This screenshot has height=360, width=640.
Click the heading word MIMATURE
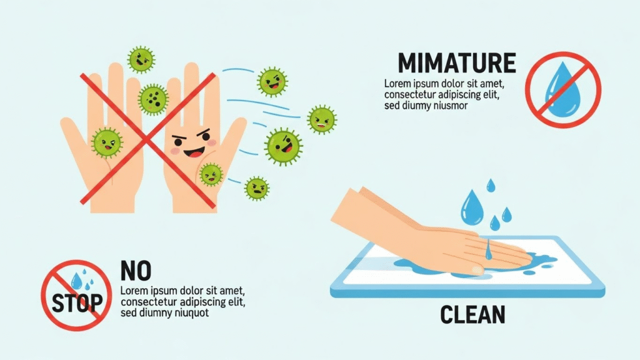(x=457, y=63)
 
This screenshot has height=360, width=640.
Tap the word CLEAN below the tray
(x=472, y=315)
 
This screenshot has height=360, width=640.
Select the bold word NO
(x=136, y=271)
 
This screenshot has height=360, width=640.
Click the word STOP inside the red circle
(x=77, y=302)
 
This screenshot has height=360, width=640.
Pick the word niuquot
(x=192, y=313)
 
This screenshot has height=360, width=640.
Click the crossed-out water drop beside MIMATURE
(x=563, y=90)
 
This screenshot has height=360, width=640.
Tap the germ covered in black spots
(x=153, y=99)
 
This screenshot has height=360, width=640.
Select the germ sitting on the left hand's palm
(x=106, y=143)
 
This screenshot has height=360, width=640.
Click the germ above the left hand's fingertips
(x=141, y=59)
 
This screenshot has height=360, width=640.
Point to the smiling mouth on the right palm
(x=194, y=152)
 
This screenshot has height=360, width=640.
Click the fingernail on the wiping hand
(x=477, y=270)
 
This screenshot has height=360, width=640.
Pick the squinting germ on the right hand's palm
(x=211, y=174)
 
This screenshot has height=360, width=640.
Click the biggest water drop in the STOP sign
(x=76, y=281)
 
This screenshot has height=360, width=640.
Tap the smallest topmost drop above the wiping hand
(x=491, y=185)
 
